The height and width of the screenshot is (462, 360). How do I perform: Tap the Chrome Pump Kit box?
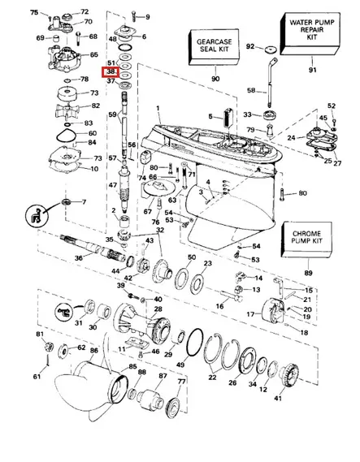click(307, 241)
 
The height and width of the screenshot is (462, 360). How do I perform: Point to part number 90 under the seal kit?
click(215, 79)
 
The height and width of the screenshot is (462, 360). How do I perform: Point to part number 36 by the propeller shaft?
click(78, 258)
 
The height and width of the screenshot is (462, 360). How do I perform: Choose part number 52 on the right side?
click(332, 106)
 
